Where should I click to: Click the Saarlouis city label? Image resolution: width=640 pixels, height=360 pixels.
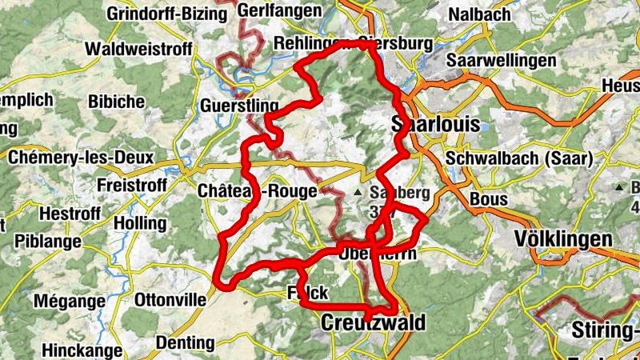[436, 124]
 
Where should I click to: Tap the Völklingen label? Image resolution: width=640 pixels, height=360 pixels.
[563, 238]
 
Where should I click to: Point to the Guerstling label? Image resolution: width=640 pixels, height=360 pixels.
[239, 106]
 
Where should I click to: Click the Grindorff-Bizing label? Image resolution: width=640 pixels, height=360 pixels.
[168, 14]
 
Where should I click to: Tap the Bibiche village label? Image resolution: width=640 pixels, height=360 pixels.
[117, 102]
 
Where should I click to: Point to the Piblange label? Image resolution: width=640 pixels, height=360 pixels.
[47, 241]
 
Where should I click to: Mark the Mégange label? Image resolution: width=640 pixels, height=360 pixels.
[70, 302]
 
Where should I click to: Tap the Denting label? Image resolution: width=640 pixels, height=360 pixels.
[186, 343]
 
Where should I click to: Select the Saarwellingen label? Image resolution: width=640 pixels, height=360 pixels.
[502, 62]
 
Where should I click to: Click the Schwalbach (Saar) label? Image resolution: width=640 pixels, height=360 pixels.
[519, 158]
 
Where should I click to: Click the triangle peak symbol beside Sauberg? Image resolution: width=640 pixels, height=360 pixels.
[357, 193]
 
